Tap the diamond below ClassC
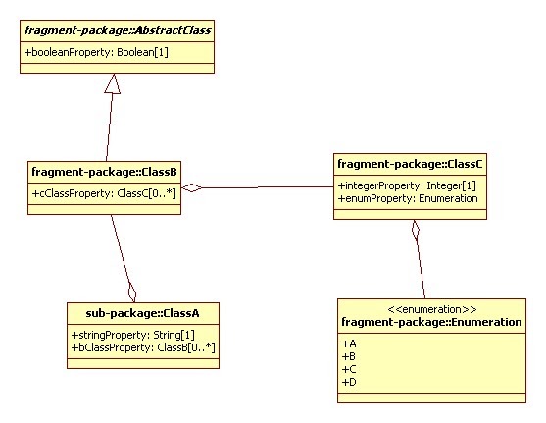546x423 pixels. click(416, 232)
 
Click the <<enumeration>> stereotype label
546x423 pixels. click(431, 307)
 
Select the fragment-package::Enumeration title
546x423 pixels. click(431, 321)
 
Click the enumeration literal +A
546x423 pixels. click(348, 344)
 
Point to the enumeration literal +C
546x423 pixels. click(348, 367)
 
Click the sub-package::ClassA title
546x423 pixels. click(142, 313)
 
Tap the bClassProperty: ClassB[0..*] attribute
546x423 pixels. click(141, 347)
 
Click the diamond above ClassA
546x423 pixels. click(132, 291)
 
